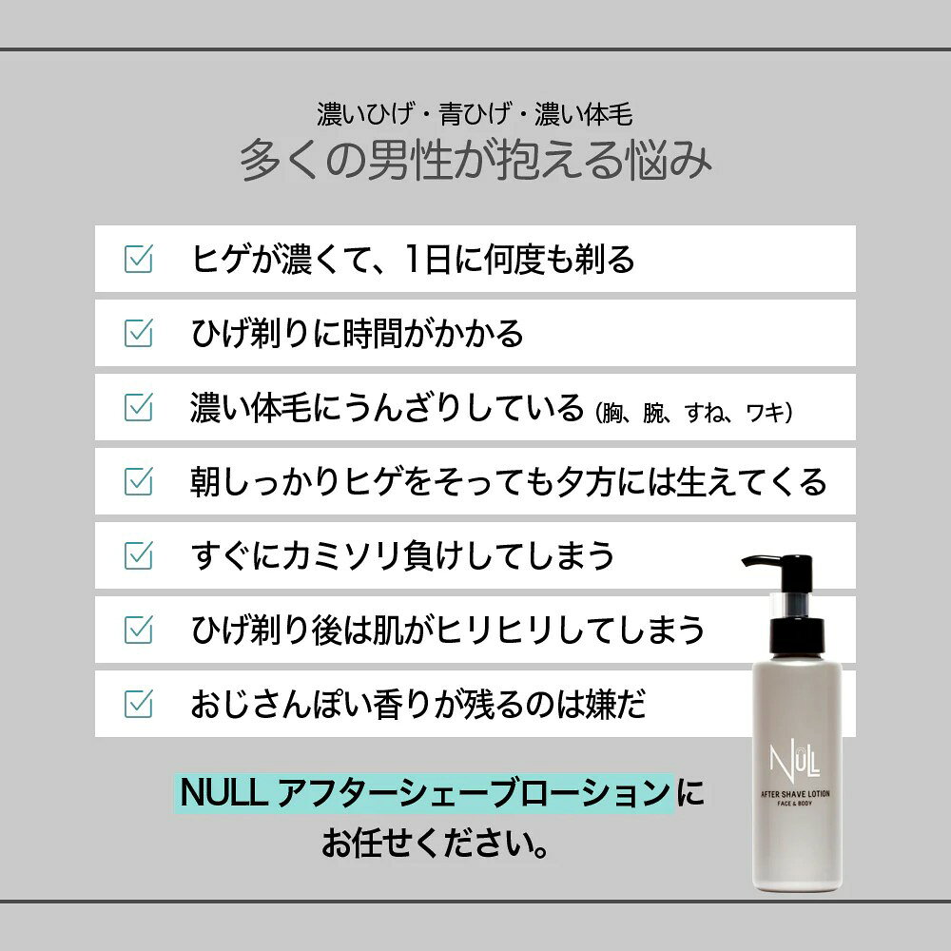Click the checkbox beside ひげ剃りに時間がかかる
pos(138,333)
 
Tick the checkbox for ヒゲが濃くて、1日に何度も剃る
pos(138,259)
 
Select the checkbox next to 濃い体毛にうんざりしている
pos(138,407)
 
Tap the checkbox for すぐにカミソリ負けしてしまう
pos(138,555)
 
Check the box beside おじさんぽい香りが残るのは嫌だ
pos(138,704)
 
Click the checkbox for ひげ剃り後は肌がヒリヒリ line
pos(138,630)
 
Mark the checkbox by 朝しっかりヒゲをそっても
pos(138,481)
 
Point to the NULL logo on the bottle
pos(794,761)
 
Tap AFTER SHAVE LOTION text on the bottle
pos(795,794)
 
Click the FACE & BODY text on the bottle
pos(794,804)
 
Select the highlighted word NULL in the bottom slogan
pos(223,793)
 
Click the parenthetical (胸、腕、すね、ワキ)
pos(694,413)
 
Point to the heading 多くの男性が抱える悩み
pos(475,160)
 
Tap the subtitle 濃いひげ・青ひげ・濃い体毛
pos(475,114)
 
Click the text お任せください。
pos(436,843)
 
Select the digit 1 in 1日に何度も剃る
pos(413,259)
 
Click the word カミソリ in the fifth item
pos(341,555)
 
